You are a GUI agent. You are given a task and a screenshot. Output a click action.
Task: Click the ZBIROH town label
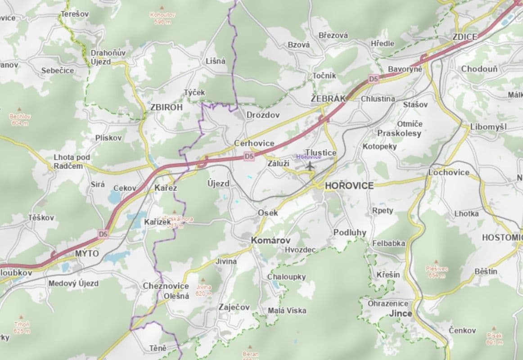pos(167,108)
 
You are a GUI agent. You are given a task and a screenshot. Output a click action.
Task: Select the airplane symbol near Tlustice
pos(310,166)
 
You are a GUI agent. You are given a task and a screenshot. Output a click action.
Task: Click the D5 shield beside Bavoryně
pos(373,79)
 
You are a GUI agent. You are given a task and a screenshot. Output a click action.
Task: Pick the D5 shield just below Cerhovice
pos(249,156)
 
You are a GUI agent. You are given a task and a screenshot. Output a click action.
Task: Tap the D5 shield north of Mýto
pos(104,234)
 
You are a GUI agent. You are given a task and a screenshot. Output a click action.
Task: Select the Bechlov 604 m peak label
pos(20,119)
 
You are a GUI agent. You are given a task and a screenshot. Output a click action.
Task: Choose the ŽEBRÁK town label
pos(328,98)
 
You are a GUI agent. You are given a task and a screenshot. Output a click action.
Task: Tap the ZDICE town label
pos(465,37)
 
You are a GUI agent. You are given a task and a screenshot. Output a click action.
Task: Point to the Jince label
pos(401,313)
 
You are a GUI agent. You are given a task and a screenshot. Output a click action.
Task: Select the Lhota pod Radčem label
pos(72,162)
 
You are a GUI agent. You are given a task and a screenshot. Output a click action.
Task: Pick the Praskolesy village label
pos(399,133)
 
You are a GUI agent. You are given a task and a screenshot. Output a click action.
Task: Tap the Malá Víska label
pos(287,310)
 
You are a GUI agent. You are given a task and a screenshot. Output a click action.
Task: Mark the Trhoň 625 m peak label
pos(22,327)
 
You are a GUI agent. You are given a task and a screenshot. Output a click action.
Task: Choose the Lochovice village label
pos(449,172)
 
